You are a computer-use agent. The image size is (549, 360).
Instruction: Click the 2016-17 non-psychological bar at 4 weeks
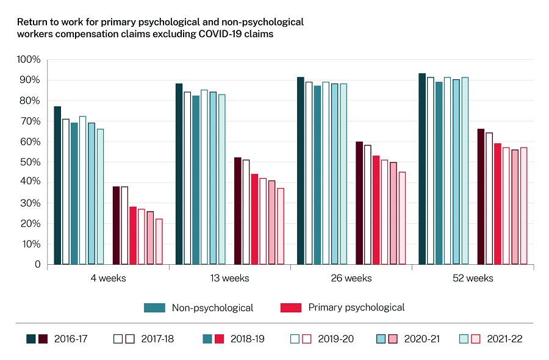[57, 185]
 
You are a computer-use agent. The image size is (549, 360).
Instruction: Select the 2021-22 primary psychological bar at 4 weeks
[159, 242]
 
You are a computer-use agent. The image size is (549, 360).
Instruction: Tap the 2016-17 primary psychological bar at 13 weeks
[238, 211]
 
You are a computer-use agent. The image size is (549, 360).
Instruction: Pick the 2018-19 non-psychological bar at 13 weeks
[196, 180]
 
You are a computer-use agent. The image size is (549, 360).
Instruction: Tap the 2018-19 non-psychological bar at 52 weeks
[439, 173]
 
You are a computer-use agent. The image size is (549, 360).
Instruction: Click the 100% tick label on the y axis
[29, 60]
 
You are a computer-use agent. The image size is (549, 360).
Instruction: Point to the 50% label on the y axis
[30, 162]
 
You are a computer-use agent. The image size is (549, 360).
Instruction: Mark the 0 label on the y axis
[37, 265]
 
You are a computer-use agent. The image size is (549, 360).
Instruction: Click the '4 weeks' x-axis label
[108, 279]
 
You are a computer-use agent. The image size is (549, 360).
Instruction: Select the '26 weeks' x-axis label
[351, 279]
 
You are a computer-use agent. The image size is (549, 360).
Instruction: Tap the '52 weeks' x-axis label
[473, 279]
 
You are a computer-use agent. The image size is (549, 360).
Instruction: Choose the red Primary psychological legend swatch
[291, 308]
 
